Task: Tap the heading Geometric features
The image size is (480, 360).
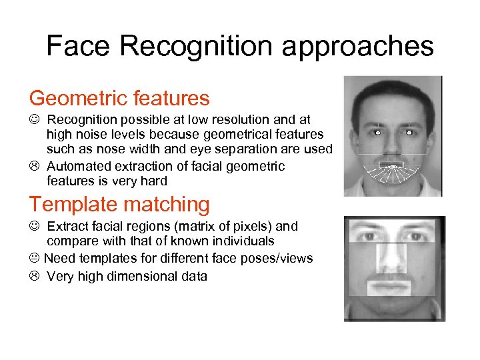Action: pos(119,99)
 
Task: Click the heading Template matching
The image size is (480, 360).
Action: pos(119,204)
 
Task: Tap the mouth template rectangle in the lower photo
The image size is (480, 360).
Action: pos(389,287)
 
